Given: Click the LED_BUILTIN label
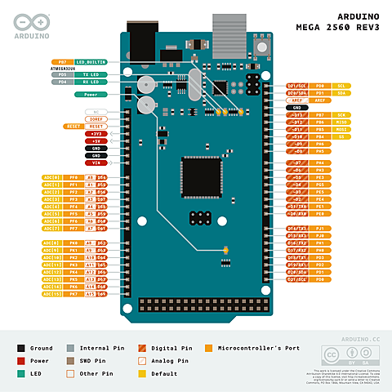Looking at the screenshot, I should tap(91, 62).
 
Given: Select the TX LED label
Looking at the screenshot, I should tap(91, 75).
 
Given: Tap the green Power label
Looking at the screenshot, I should tap(91, 95).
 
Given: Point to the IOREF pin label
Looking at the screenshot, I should tap(96, 118).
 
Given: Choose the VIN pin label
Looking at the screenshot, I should tap(96, 163).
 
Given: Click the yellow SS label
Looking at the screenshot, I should tap(342, 136).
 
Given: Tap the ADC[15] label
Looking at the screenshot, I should tap(51, 294).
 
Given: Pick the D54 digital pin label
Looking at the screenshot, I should tap(102, 177).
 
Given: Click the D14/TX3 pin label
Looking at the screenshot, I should tap(296, 229).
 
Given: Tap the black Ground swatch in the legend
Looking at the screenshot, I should tap(20, 348).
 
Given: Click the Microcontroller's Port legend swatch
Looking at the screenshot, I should tap(211, 348).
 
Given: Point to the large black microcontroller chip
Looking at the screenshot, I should tap(201, 175).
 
